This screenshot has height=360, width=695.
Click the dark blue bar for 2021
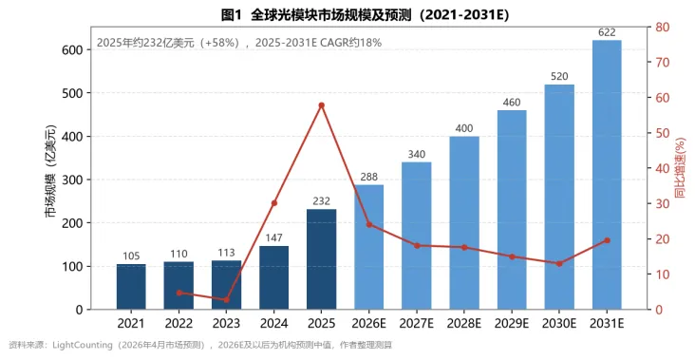tap(131, 287)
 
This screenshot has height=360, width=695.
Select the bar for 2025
tap(321, 259)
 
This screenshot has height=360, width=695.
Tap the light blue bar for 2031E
tap(607, 175)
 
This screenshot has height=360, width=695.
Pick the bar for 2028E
tap(464, 222)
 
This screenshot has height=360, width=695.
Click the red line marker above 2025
tap(321, 105)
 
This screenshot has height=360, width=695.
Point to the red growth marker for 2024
tap(274, 203)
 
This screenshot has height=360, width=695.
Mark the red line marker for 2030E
tap(559, 263)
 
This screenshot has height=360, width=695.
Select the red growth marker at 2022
tap(179, 293)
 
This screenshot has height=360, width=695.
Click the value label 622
tap(607, 32)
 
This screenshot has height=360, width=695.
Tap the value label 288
tap(368, 177)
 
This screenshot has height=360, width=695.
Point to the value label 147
tap(274, 238)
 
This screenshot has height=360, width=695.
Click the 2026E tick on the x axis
tap(368, 323)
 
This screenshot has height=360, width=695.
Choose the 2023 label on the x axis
tap(226, 323)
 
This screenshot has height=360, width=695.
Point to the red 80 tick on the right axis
tap(663, 27)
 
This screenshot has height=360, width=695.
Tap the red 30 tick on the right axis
tap(663, 203)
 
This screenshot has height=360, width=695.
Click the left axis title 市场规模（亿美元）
tap(51, 171)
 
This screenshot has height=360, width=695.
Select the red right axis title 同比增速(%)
tap(681, 168)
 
